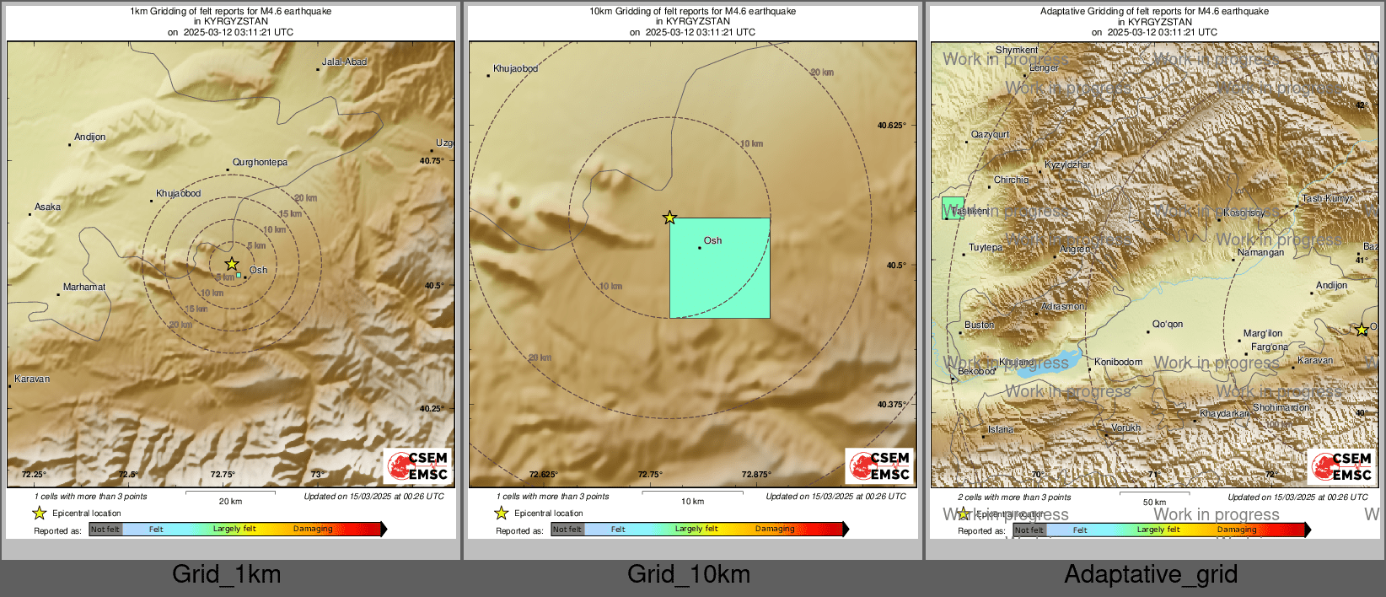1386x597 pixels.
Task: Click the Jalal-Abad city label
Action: coord(344,62)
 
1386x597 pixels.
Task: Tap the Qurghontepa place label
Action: coord(260,162)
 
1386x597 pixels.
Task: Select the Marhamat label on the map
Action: coord(84,287)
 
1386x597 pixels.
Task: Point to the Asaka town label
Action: coord(47,207)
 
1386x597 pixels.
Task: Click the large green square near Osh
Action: coord(719,268)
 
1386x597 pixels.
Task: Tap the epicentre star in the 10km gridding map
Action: coord(669,218)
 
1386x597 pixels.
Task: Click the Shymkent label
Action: coord(1017,51)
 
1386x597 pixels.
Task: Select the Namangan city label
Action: coord(1260,252)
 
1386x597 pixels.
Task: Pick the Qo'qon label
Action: coord(1168,324)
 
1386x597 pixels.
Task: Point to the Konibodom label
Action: coord(1118,362)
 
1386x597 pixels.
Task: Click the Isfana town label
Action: coord(1001,429)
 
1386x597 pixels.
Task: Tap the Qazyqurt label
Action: coord(990,134)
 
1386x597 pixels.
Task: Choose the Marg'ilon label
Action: coord(1263,333)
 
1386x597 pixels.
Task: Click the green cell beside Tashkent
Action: coord(953,208)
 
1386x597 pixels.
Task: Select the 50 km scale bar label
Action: coord(1154,502)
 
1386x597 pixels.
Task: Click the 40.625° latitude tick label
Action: coord(891,126)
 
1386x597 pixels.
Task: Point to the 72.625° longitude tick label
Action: coord(543,474)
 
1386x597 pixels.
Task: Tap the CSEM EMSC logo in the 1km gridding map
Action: coord(418,466)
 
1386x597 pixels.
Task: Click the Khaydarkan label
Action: coord(1225,413)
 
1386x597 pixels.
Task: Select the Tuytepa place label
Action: coord(986,247)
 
